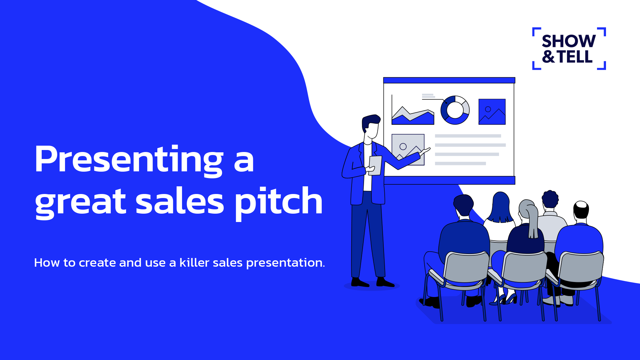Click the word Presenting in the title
click(x=129, y=159)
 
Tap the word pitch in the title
click(x=279, y=202)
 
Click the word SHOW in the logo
click(x=569, y=41)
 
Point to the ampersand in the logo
click(x=548, y=56)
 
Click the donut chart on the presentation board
click(x=455, y=110)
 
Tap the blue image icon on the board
click(x=492, y=112)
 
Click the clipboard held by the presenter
click(x=375, y=165)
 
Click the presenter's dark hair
click(x=370, y=121)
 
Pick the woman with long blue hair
click(x=500, y=208)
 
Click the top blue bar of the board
click(x=449, y=80)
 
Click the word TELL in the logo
click(x=575, y=56)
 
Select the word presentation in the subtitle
click(x=285, y=263)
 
